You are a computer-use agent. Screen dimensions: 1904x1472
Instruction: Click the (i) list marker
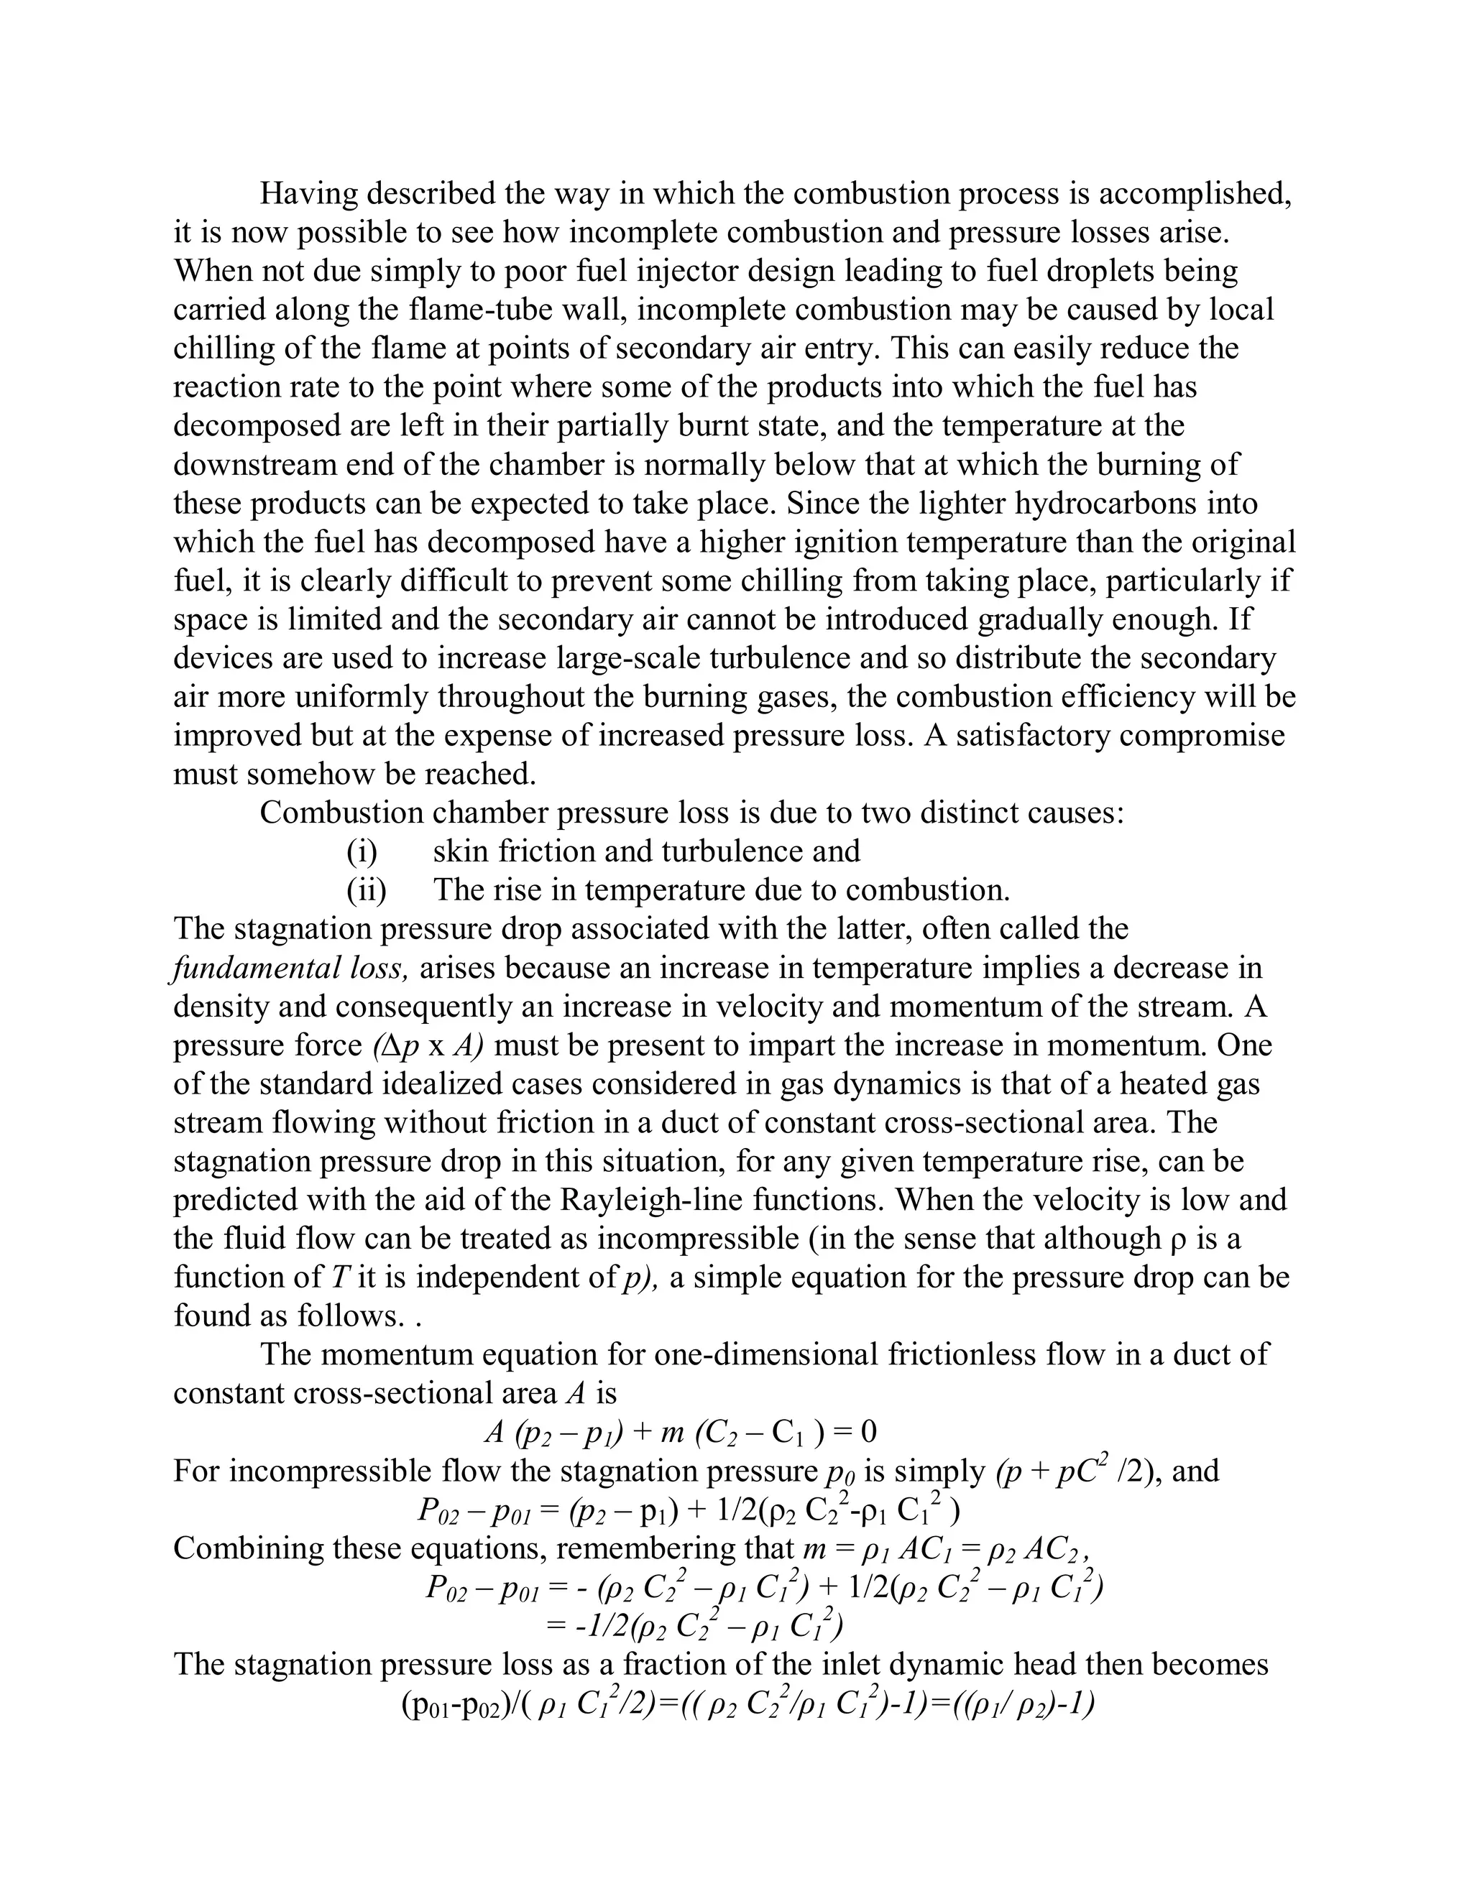click(x=361, y=851)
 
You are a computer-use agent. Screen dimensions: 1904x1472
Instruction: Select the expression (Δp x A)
click(x=428, y=1045)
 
